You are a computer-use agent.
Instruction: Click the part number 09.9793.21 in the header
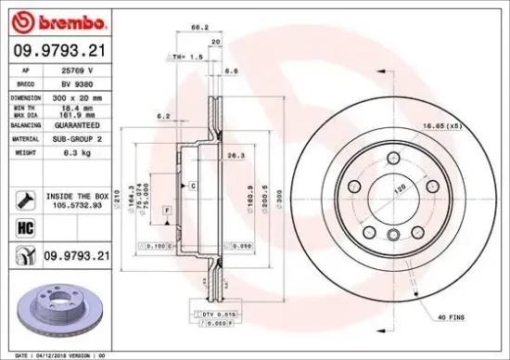pyautogui.click(x=58, y=51)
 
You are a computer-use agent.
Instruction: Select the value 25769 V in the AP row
pyautogui.click(x=77, y=70)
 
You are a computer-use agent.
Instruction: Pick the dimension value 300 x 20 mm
pyautogui.click(x=78, y=96)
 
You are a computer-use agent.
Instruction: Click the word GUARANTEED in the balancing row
pyautogui.click(x=78, y=123)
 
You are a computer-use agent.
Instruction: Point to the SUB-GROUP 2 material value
pyautogui.click(x=78, y=137)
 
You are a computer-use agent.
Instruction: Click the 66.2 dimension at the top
pyautogui.click(x=197, y=28)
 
